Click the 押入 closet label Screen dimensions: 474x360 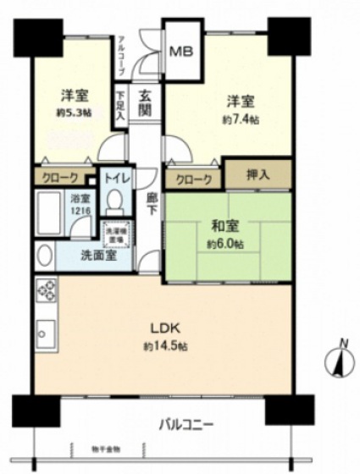258,174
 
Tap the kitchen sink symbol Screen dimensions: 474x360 46,333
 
